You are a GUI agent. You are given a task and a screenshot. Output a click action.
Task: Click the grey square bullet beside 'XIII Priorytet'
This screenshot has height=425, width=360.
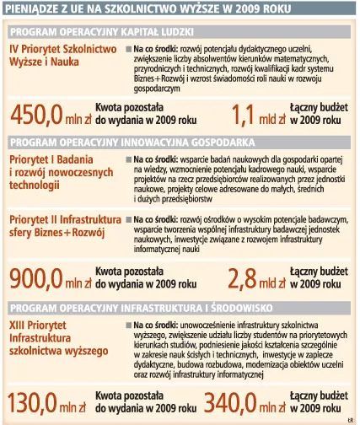click(x=128, y=324)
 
